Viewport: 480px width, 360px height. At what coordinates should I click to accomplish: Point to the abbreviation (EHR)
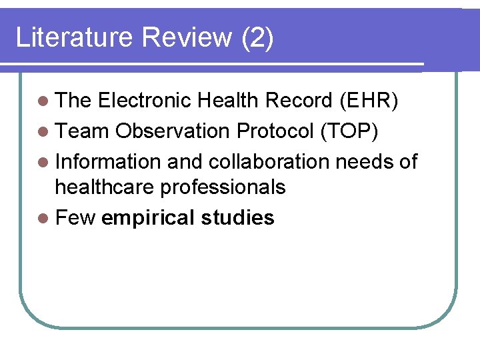click(369, 101)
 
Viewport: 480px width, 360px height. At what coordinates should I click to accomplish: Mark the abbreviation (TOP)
click(349, 131)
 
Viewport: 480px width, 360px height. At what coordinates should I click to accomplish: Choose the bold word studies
click(238, 218)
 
